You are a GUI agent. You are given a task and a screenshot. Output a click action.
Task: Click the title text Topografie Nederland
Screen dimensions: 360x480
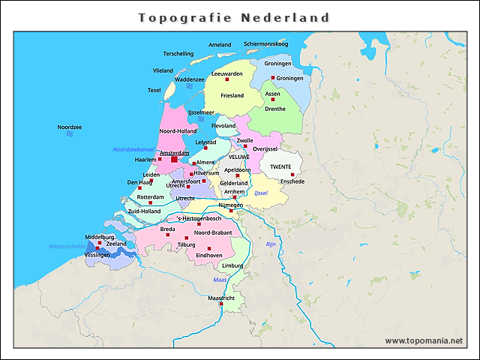coord(234,17)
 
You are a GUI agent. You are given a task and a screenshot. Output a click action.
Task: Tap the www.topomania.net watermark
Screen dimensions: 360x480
coord(424,340)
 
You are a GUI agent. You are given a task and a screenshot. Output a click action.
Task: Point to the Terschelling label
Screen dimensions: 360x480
coord(178,54)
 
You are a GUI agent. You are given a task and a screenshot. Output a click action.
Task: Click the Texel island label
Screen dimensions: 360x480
coord(154,90)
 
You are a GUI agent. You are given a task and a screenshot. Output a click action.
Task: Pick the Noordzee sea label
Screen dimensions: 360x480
coord(69,127)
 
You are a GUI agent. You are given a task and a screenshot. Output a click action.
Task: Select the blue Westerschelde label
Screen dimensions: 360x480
coord(67,246)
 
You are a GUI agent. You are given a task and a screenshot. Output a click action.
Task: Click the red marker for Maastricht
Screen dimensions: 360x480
coord(220,304)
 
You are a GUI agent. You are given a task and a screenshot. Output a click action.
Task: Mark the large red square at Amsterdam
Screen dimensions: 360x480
coord(174,159)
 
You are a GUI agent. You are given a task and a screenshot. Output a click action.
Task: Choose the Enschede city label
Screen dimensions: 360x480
coord(292,181)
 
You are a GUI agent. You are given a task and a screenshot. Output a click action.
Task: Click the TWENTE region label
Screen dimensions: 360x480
coord(280,166)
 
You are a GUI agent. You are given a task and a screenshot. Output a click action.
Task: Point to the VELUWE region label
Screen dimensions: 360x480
coord(238,157)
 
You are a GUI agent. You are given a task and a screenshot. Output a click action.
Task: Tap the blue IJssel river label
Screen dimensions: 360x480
coord(260,193)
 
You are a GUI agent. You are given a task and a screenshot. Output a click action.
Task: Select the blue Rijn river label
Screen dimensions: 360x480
coord(271,244)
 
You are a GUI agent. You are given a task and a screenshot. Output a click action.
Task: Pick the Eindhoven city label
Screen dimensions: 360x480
coord(209,255)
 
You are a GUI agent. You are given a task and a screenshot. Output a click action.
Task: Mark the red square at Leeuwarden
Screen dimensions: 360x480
coord(226,79)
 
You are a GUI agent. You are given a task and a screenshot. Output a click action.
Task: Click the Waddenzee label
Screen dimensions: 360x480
coord(189,79)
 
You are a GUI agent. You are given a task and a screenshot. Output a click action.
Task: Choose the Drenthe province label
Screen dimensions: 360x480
coord(275,109)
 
